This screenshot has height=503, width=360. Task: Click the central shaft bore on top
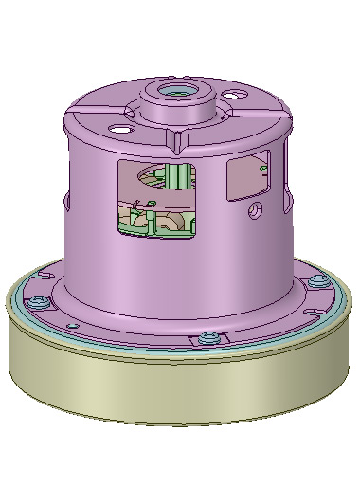[x=176, y=93]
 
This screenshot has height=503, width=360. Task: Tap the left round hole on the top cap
[x=119, y=128]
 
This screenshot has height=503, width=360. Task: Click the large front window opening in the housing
[x=156, y=199]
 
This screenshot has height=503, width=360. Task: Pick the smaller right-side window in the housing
[x=249, y=176]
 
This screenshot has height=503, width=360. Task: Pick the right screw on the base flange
[x=319, y=281]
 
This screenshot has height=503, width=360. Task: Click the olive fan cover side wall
[x=180, y=388]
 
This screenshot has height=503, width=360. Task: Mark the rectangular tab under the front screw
[x=203, y=342]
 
